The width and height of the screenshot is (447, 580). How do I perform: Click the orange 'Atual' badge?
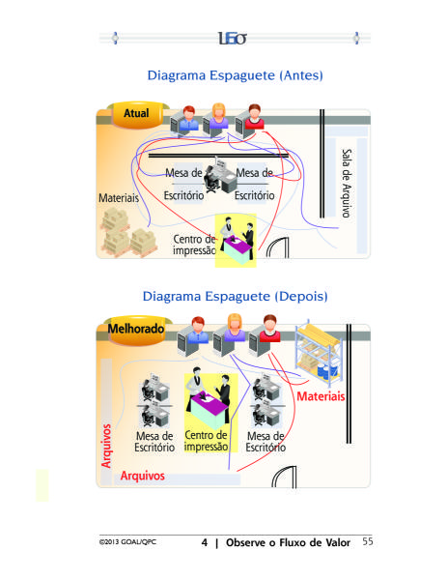click(x=137, y=114)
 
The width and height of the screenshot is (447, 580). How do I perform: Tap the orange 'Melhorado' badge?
click(x=136, y=330)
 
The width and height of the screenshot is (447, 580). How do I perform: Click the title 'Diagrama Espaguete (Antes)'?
click(x=235, y=75)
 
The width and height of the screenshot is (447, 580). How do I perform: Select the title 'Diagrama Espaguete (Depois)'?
click(x=235, y=297)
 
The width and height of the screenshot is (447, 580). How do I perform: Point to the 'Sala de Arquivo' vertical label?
click(x=347, y=183)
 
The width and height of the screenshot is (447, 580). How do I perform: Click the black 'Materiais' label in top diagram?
click(x=119, y=198)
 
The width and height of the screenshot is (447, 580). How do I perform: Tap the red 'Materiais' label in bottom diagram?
click(x=321, y=396)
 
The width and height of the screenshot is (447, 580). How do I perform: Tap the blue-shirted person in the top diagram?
click(x=189, y=118)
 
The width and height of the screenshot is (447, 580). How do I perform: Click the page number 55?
click(x=368, y=541)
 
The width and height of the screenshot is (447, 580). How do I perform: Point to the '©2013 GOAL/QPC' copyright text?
click(x=127, y=542)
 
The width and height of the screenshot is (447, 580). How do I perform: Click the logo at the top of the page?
click(x=232, y=38)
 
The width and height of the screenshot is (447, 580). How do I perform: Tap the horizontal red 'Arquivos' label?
click(x=142, y=476)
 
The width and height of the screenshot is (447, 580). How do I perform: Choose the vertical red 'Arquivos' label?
click(x=106, y=446)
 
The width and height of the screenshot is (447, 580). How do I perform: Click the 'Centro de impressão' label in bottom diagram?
click(x=206, y=441)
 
